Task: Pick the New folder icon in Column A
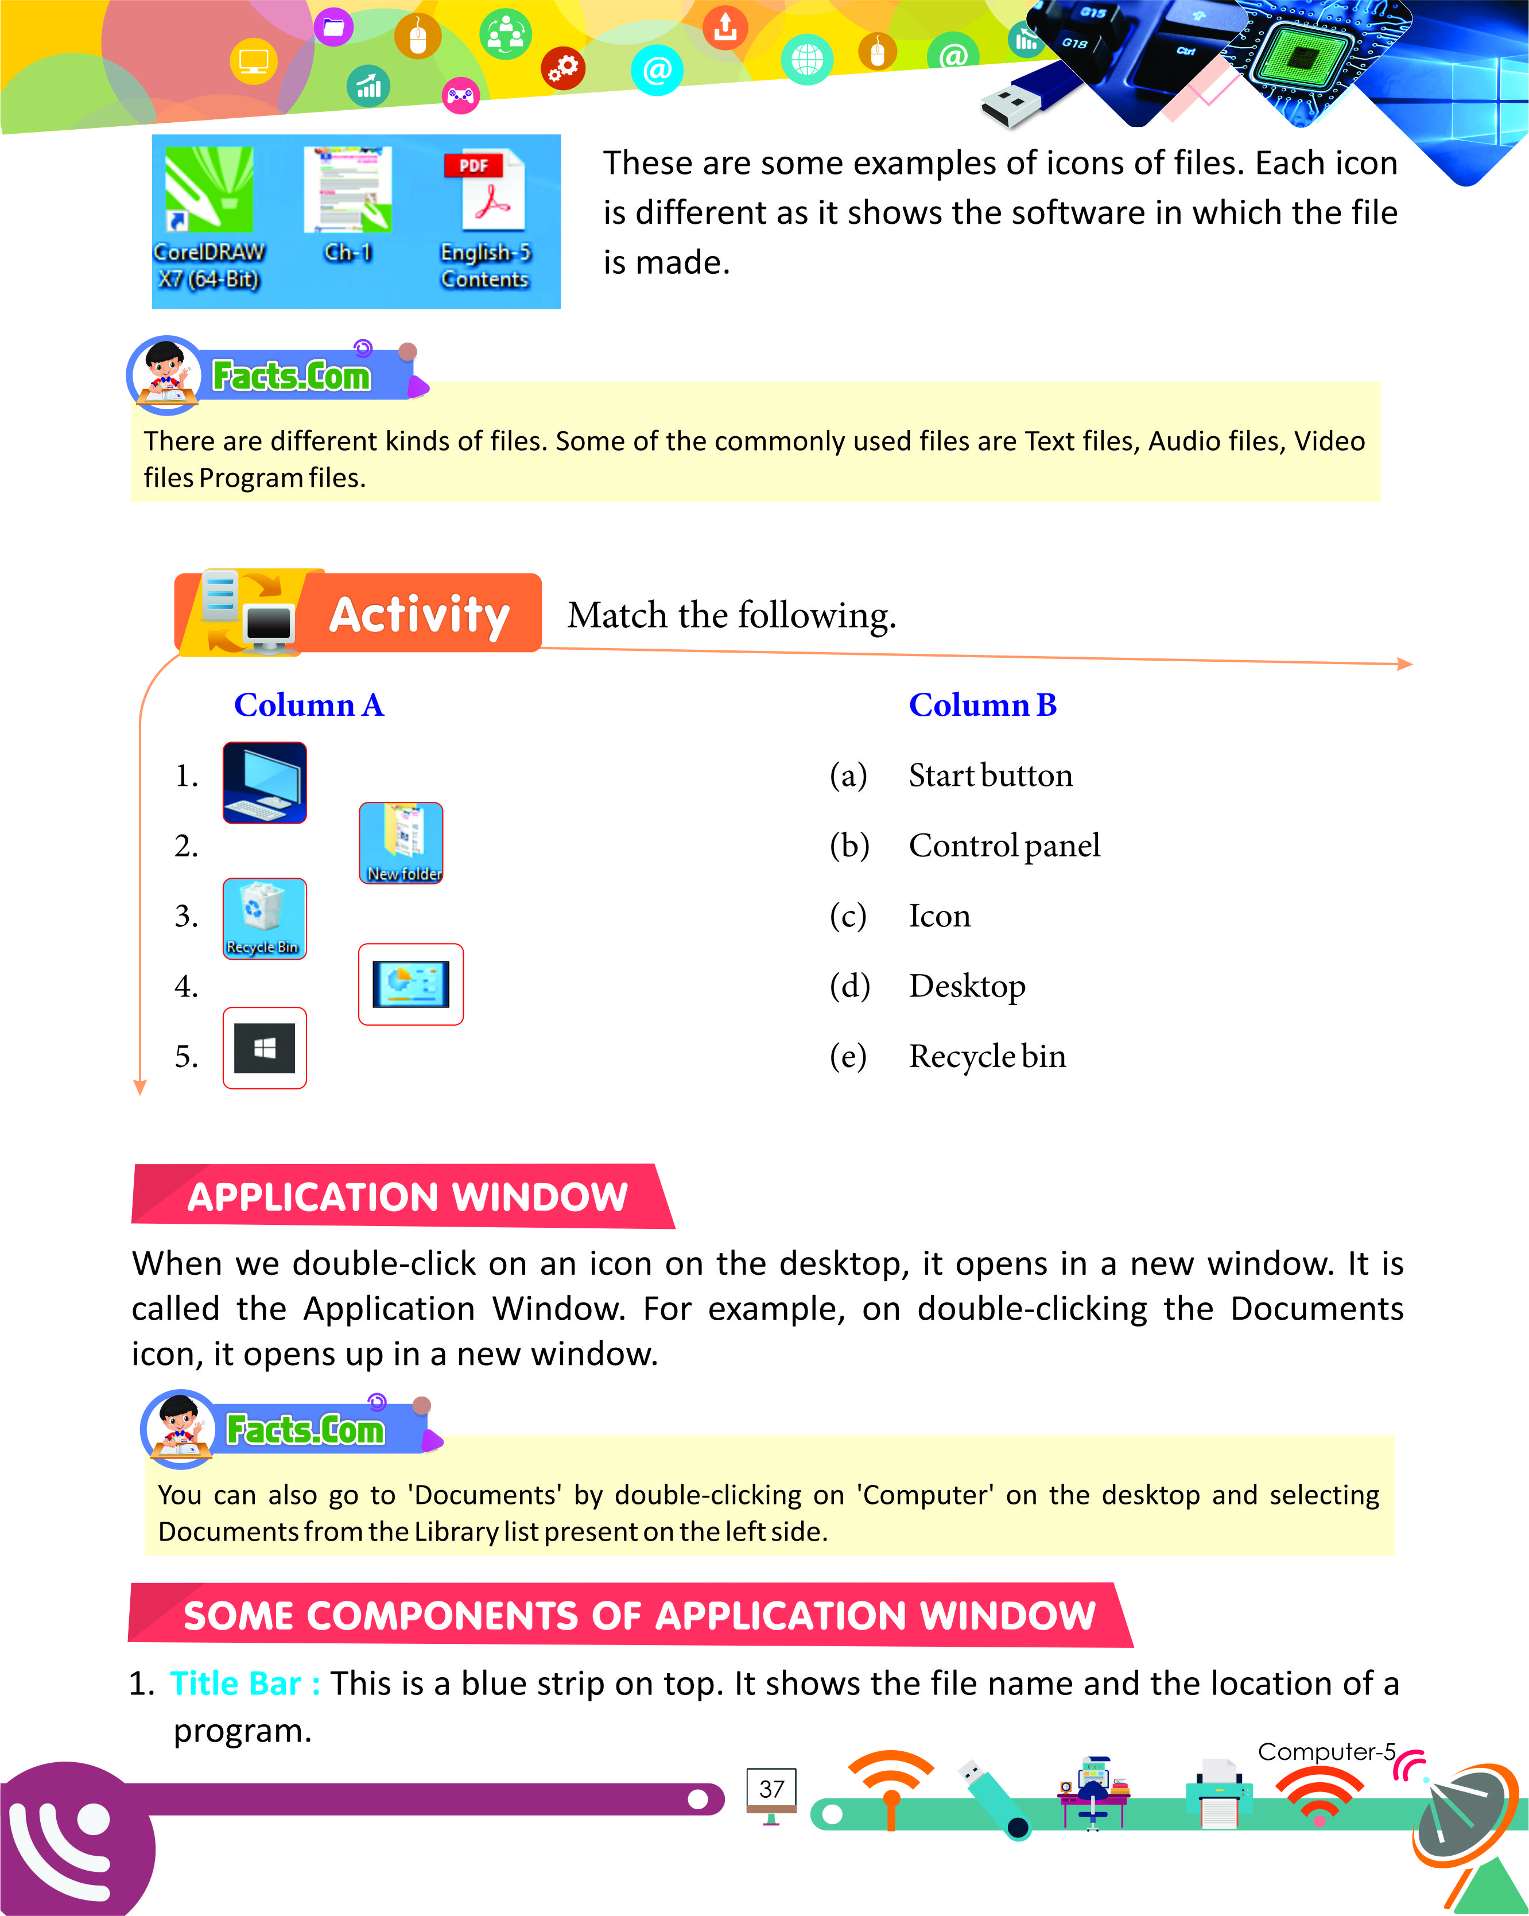click(401, 843)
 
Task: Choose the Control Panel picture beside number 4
click(410, 984)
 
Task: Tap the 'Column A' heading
click(308, 705)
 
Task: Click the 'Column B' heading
click(983, 705)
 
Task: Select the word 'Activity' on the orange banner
click(420, 615)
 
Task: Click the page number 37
click(771, 1789)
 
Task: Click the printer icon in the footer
click(1219, 1794)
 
